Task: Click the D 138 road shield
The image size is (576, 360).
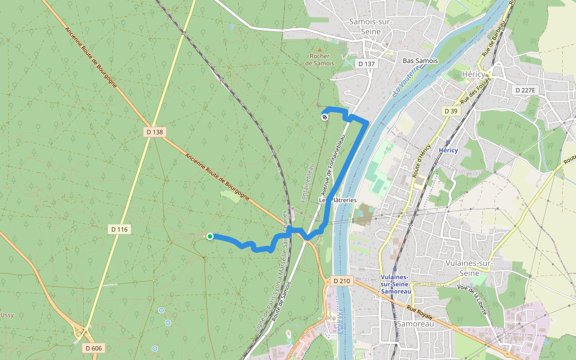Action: coord(154,132)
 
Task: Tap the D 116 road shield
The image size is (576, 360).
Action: coord(120,229)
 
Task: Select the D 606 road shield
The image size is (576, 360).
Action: coord(93,348)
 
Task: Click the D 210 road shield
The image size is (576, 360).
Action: coord(341,281)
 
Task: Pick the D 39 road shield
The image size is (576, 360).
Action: coord(451,111)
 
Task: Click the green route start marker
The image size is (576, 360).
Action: coord(210,236)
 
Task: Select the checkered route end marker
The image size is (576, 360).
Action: coord(325,117)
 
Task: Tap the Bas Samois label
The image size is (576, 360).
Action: coord(420,61)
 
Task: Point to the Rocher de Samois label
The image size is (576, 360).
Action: coord(319,59)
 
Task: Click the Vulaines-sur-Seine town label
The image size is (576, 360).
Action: coord(470,268)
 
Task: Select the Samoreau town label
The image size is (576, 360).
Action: coord(412,323)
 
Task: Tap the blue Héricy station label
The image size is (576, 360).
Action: coord(448,150)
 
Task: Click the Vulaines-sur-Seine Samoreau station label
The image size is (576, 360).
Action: coord(395,284)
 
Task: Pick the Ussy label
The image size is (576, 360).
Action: coord(7,315)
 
